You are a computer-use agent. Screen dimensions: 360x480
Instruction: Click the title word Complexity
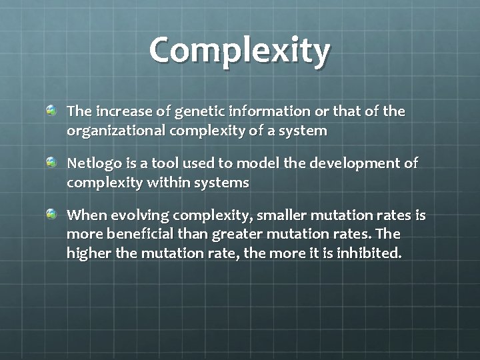[x=239, y=51]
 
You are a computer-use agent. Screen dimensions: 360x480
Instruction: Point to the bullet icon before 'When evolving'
[x=51, y=215]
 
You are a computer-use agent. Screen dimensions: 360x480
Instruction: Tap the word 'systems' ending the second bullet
[x=221, y=183]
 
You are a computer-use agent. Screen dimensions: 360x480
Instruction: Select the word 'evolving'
[x=138, y=215]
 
